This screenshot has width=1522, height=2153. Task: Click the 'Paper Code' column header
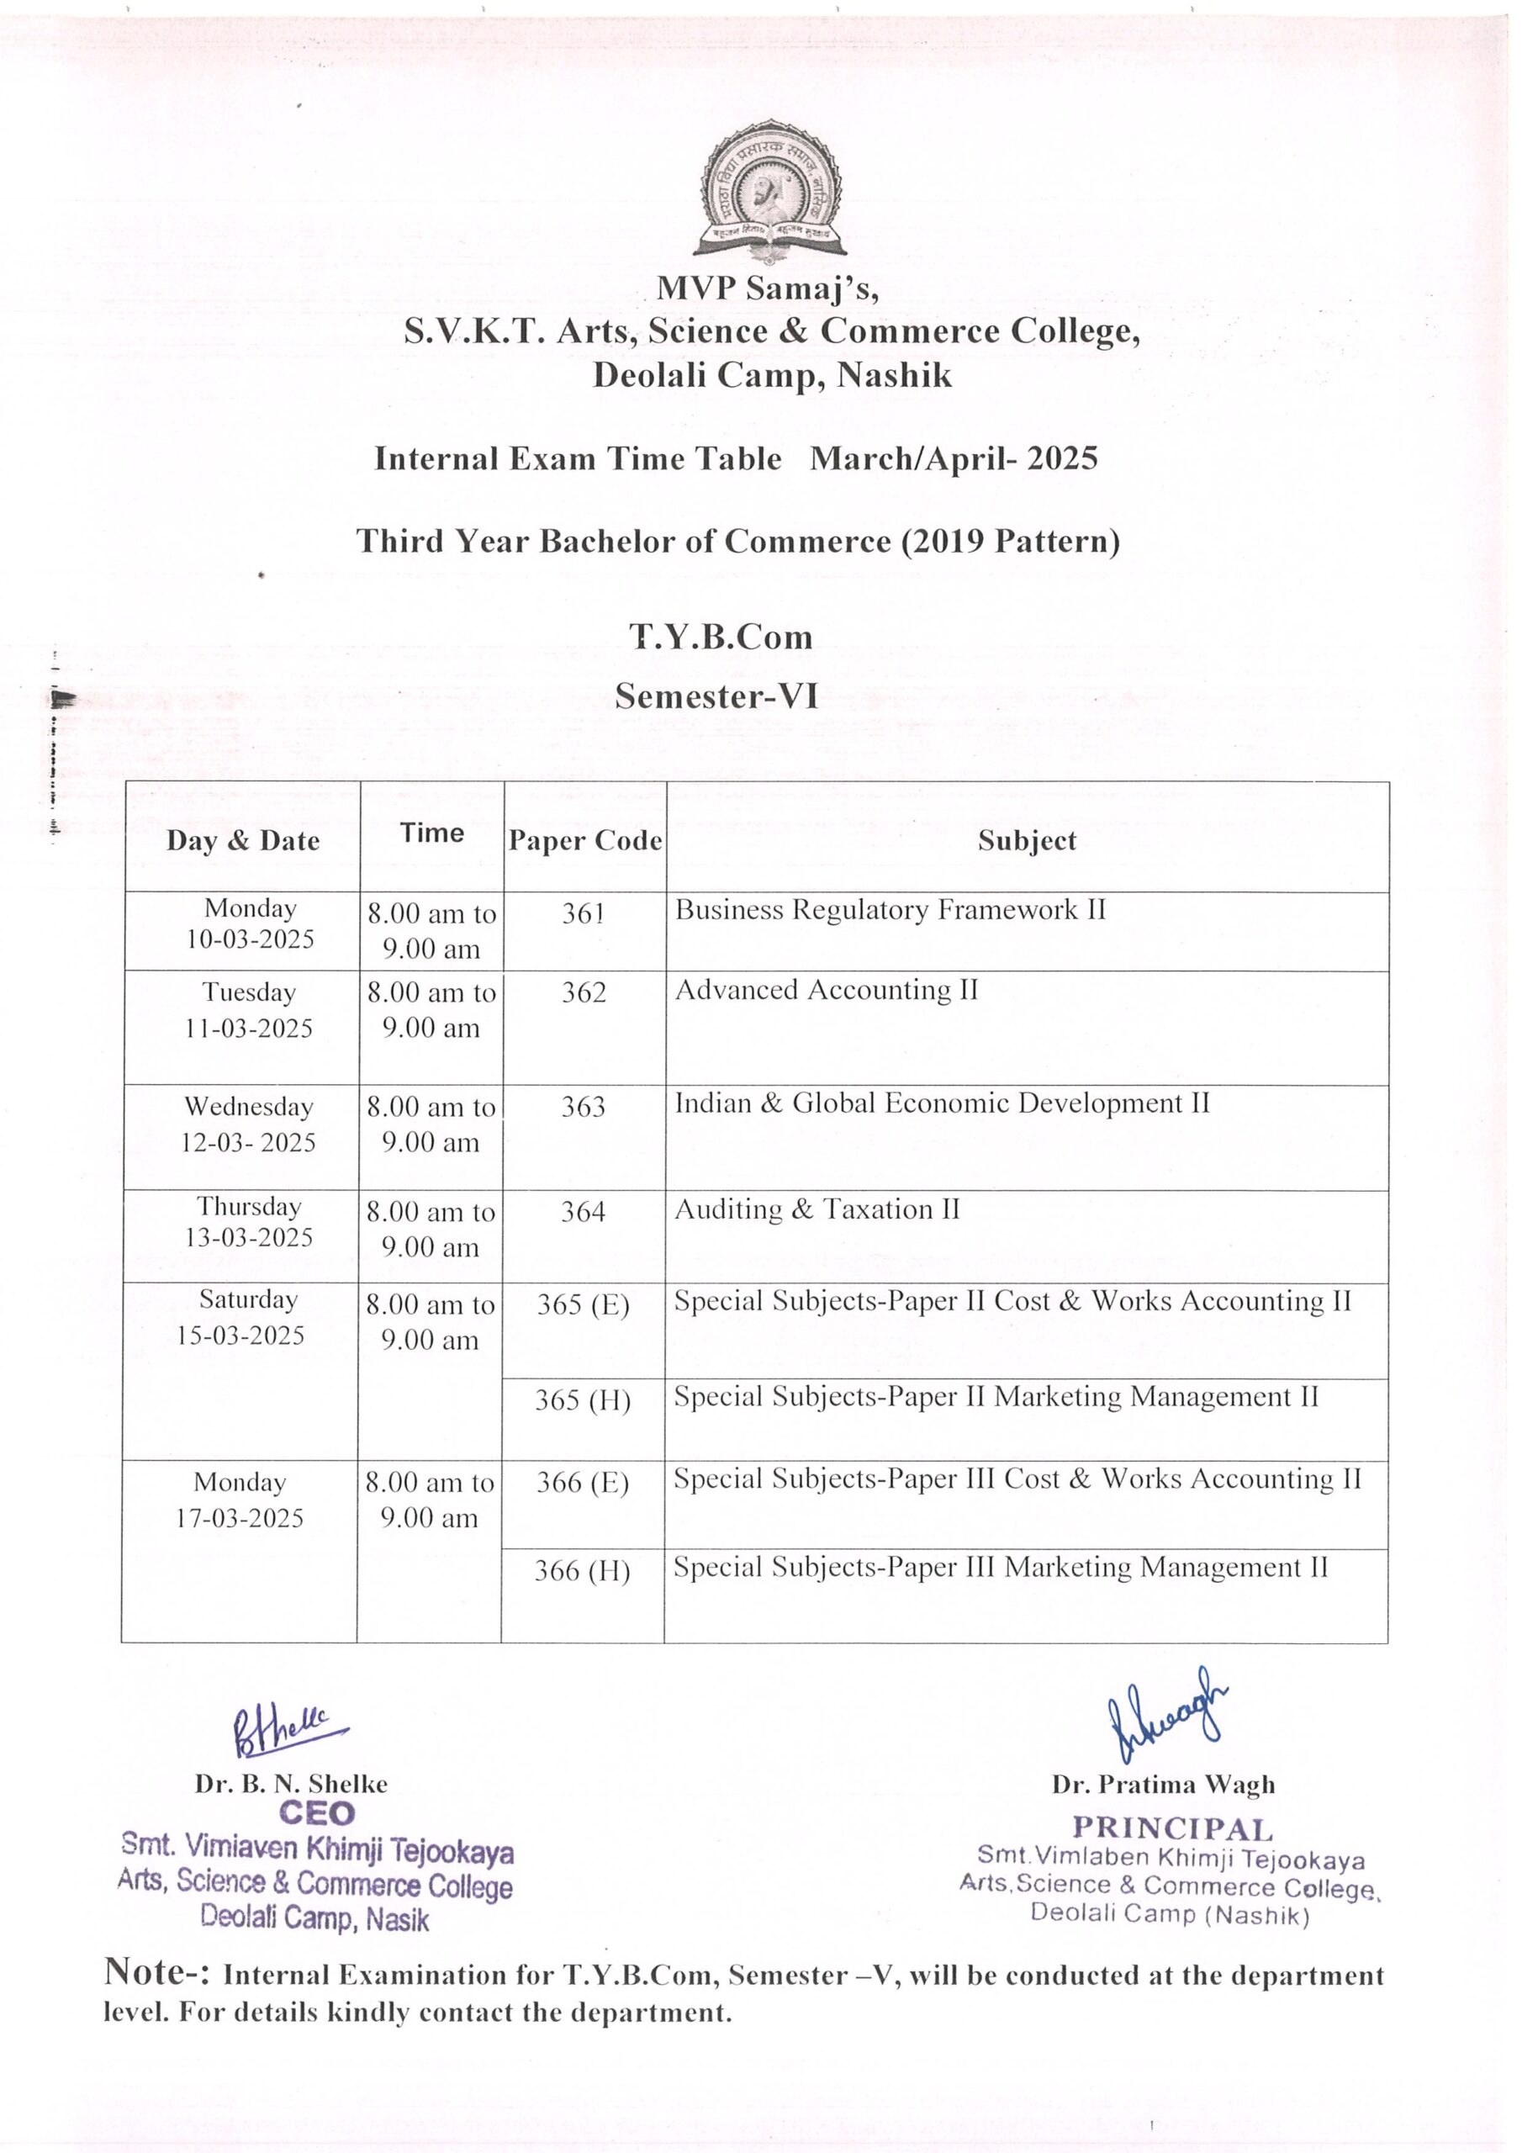tap(584, 840)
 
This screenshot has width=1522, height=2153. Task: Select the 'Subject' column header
tap(1027, 840)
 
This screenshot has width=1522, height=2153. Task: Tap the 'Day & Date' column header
tap(243, 840)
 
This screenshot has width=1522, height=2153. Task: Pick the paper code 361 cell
tap(584, 913)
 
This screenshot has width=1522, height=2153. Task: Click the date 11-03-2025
tap(249, 1028)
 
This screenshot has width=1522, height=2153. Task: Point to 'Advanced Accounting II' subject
tap(827, 990)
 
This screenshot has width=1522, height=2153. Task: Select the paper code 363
tap(584, 1107)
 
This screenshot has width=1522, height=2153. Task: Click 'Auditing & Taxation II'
tap(816, 1209)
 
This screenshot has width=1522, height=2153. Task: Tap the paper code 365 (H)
tap(583, 1400)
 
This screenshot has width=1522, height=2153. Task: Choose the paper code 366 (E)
tap(583, 1483)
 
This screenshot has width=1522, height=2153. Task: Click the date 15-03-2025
tap(241, 1336)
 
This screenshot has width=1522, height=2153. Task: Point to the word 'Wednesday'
tap(249, 1107)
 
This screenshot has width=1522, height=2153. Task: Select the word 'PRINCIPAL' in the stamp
tap(1172, 1828)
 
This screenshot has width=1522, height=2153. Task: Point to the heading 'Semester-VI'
tap(716, 696)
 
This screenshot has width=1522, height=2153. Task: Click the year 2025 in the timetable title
tap(1061, 458)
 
